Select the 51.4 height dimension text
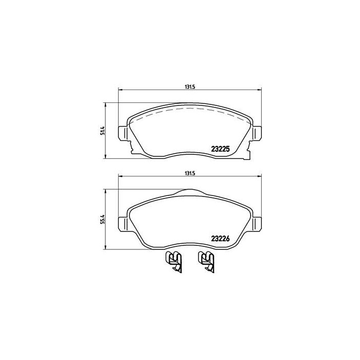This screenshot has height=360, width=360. (x=103, y=131)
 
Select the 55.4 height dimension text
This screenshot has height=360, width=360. (x=103, y=219)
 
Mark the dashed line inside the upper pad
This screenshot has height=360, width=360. (x=190, y=110)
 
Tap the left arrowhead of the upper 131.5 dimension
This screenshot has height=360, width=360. (x=121, y=91)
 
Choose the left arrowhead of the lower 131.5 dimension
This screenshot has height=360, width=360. (x=121, y=177)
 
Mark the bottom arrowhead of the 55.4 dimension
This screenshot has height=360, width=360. (x=106, y=247)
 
